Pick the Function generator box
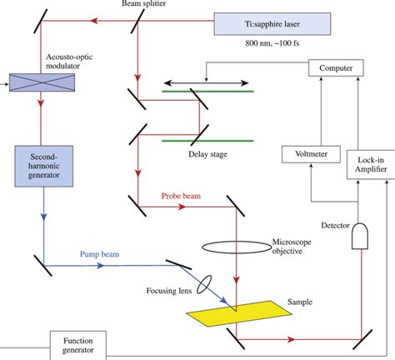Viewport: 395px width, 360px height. coord(83,345)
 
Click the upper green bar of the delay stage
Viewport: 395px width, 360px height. coord(205,92)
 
